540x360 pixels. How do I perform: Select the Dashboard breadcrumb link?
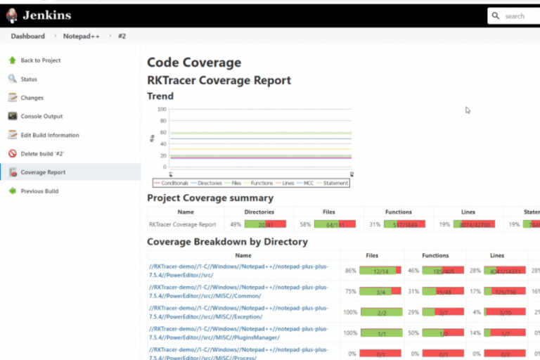pos(27,36)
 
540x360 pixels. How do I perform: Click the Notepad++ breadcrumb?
pos(81,36)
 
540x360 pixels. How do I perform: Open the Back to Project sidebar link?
pos(40,60)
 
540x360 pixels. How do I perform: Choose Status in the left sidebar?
pos(29,79)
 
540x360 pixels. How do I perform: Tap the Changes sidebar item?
pos(32,98)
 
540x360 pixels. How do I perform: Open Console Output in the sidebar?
pos(41,116)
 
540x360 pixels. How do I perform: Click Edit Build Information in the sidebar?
pos(49,135)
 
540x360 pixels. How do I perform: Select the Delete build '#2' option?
pos(42,153)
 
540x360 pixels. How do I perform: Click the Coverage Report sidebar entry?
pos(43,172)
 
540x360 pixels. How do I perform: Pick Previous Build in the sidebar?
pos(39,191)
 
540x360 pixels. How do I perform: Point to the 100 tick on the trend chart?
pos(162,109)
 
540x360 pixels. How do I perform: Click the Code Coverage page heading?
pos(193,63)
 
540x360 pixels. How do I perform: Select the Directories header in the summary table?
pos(259,212)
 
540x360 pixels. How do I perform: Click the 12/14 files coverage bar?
pos(380,271)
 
